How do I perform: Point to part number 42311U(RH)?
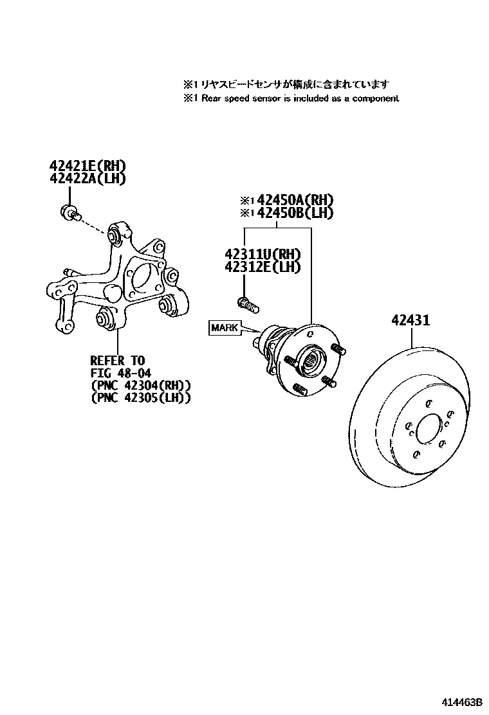click(x=263, y=254)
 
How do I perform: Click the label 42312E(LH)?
click(x=263, y=266)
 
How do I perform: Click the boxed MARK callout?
click(x=224, y=328)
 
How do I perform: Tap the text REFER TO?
click(x=117, y=360)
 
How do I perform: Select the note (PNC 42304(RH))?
click(x=140, y=386)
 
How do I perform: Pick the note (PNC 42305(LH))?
click(x=140, y=399)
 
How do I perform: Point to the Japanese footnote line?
click(x=287, y=84)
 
